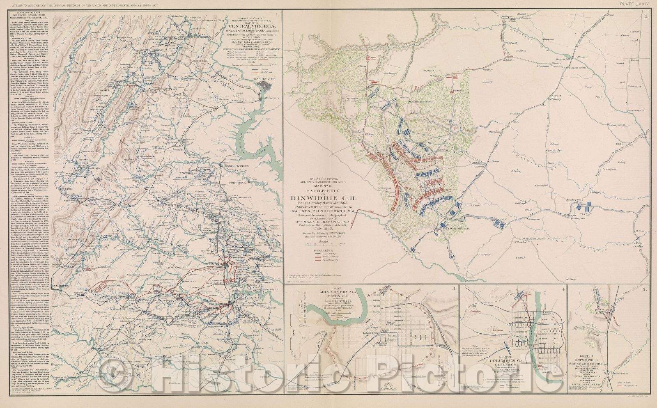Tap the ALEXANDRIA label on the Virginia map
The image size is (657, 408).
click(269, 98)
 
